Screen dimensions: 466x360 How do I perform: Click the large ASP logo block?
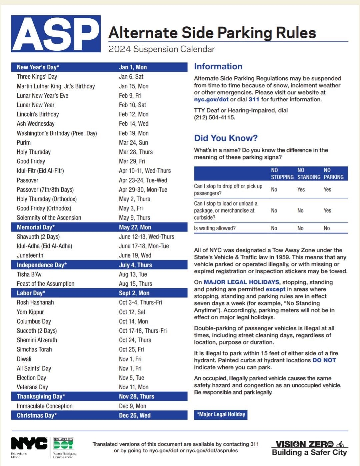(56, 34)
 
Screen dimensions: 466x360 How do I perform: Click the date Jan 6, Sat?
(131, 77)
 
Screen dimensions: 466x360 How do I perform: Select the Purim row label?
(24, 143)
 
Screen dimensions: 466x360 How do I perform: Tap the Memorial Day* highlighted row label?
(36, 227)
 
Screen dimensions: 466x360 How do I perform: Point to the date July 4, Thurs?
(135, 265)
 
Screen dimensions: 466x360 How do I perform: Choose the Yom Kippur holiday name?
(30, 312)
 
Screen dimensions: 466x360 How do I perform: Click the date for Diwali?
(130, 359)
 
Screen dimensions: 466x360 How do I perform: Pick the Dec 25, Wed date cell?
(135, 415)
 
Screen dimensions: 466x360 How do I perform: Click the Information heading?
(218, 66)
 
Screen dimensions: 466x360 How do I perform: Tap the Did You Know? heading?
(226, 138)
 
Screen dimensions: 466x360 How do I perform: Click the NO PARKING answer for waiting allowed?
(327, 228)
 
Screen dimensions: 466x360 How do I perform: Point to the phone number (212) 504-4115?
(215, 117)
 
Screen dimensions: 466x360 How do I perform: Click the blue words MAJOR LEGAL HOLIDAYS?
(241, 282)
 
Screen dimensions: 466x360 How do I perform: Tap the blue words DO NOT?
(324, 360)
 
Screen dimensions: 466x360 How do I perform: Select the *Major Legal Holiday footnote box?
(221, 415)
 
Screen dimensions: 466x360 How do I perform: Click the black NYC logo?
(29, 444)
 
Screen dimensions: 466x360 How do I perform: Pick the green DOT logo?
(63, 444)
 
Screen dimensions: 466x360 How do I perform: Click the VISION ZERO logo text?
(305, 444)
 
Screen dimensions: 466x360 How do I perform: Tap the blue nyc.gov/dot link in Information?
(211, 99)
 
